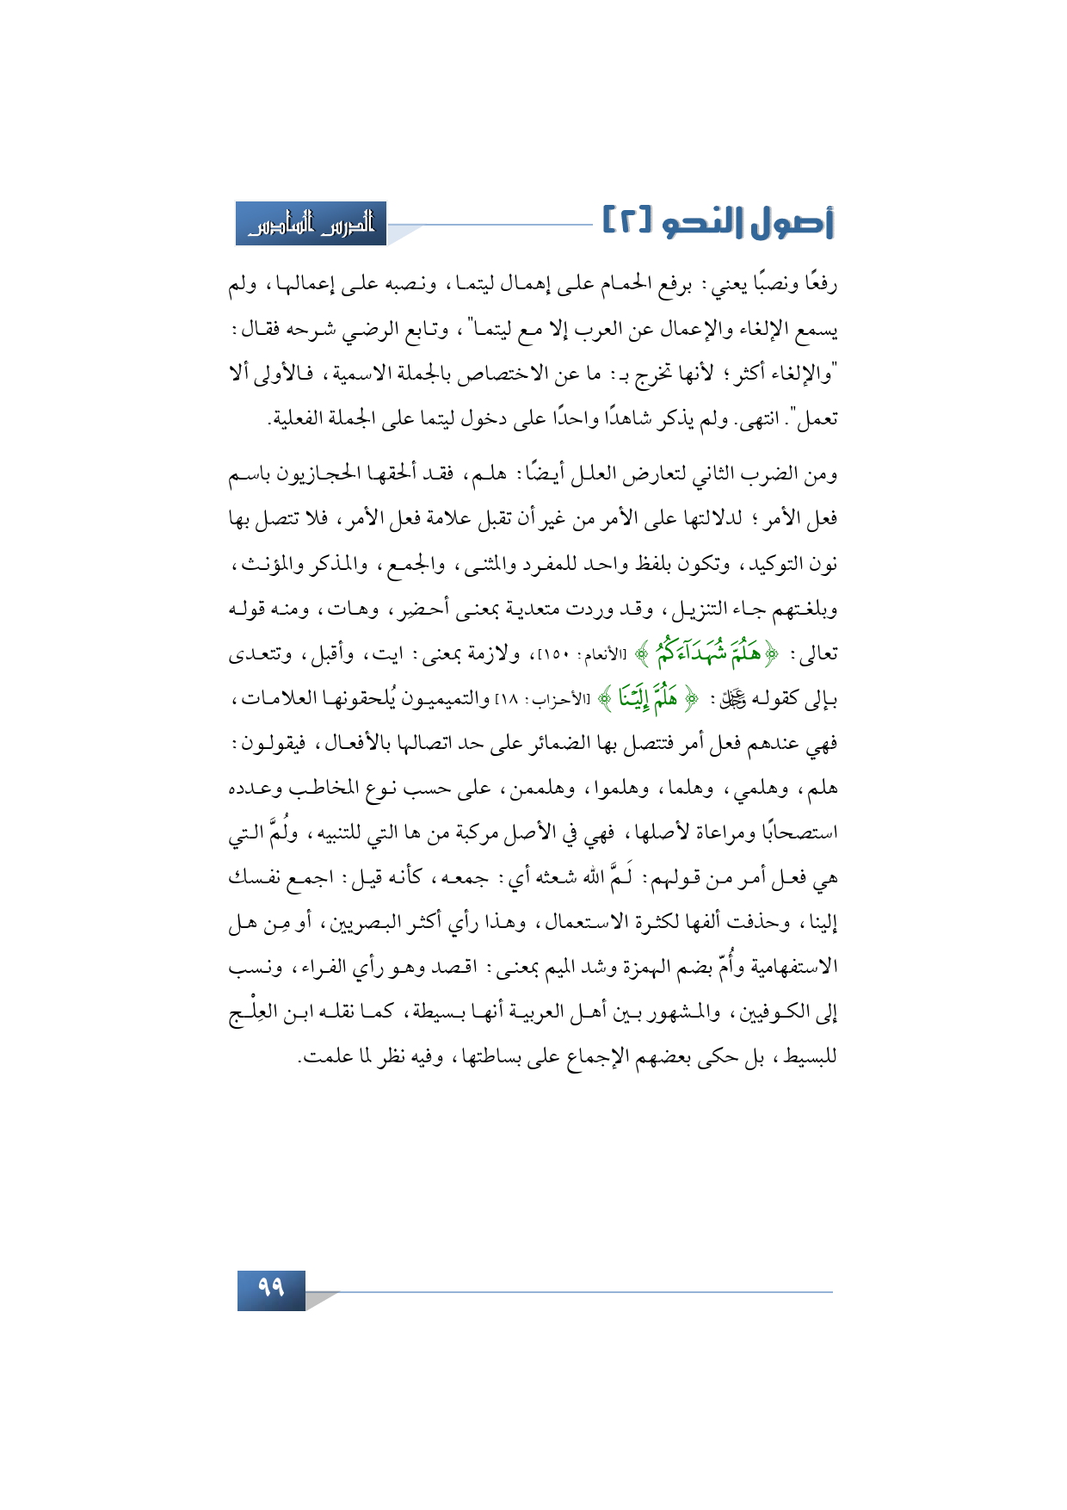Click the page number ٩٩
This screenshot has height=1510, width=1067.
(271, 1288)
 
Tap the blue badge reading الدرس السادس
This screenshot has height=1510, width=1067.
(311, 224)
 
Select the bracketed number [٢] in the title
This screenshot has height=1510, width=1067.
(626, 222)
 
